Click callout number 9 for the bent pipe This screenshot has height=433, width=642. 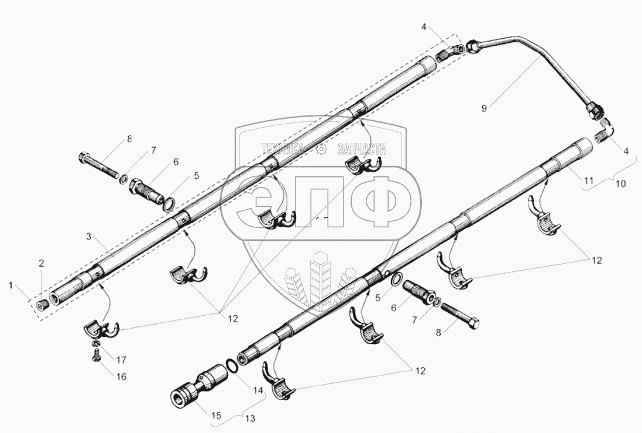coord(484,108)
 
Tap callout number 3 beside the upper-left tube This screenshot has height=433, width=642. coord(89,236)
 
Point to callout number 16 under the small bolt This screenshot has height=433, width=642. coord(122,376)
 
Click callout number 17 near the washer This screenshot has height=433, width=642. coord(121,360)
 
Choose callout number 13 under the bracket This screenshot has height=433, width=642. coord(250,419)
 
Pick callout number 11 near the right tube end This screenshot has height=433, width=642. coord(588,180)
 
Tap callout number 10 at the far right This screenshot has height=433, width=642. coord(621,183)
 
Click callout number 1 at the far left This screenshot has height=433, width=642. coord(12,285)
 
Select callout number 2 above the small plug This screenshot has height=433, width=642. coord(42,263)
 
